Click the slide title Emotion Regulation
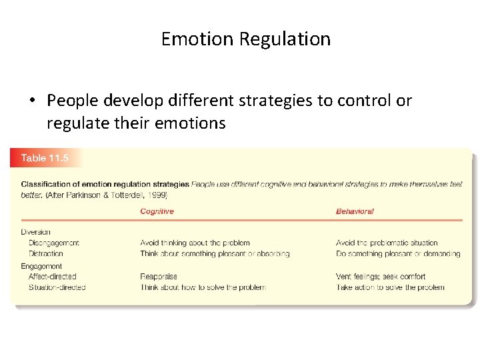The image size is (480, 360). click(245, 39)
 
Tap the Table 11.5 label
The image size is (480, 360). click(43, 158)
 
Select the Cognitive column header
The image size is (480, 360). click(157, 211)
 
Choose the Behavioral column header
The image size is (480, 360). click(355, 211)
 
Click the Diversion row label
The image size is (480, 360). click(35, 232)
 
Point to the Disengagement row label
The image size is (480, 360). click(53, 243)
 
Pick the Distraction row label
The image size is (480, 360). click(45, 253)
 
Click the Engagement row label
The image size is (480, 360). click(41, 266)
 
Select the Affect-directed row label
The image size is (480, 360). click(52, 277)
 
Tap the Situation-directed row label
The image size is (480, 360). click(57, 287)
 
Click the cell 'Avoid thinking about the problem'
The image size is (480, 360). click(195, 243)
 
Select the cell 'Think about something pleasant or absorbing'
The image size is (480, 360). click(215, 253)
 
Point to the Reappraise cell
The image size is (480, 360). click(159, 277)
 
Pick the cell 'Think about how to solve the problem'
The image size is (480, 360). click(203, 287)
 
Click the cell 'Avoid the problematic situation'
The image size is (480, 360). click(387, 243)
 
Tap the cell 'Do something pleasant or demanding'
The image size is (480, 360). click(398, 253)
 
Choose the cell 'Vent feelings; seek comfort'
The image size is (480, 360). click(381, 277)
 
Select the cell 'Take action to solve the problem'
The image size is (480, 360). click(390, 287)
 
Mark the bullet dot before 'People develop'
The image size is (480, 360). click(32, 101)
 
